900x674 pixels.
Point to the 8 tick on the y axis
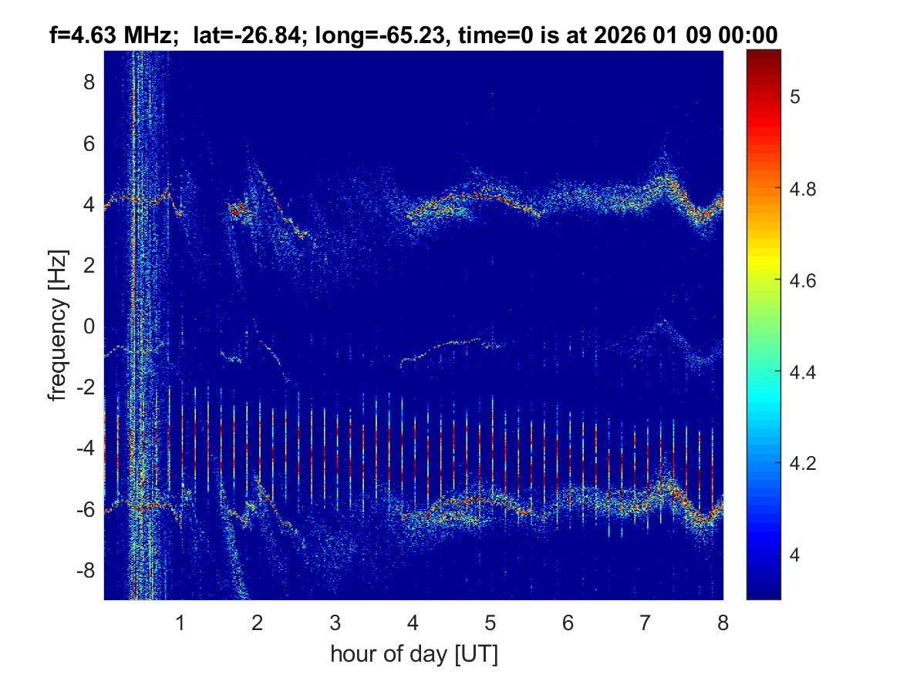[89, 82]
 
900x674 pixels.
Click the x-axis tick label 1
[180, 622]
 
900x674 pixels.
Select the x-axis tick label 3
[335, 622]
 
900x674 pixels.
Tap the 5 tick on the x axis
[490, 622]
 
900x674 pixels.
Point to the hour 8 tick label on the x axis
[723, 622]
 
